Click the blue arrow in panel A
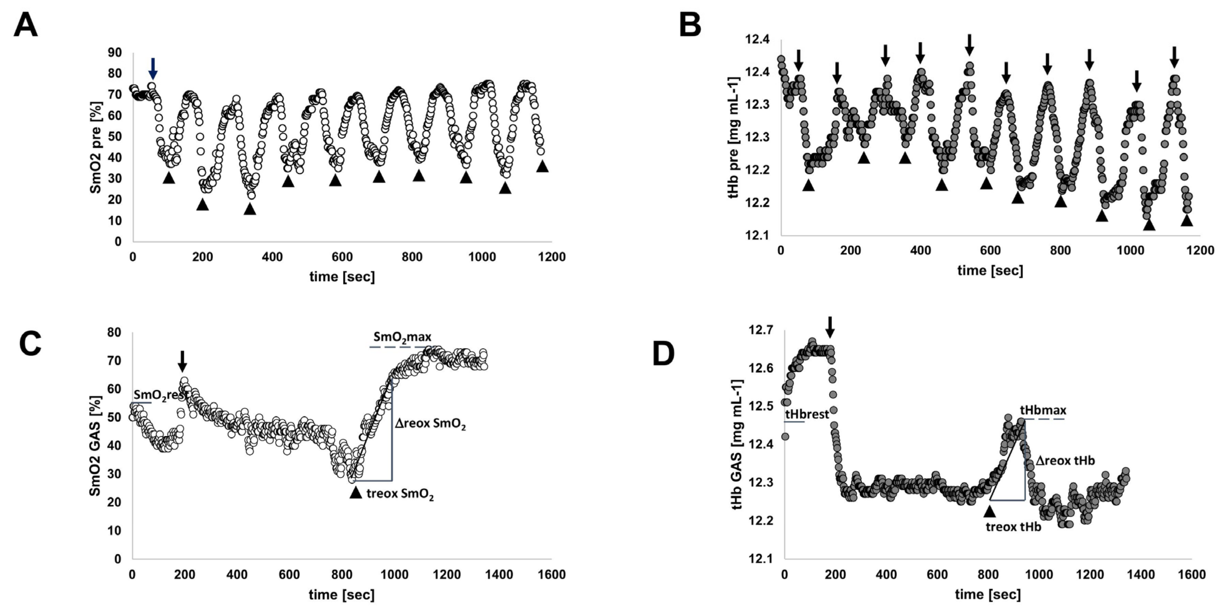152,68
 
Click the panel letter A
25,25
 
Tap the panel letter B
690,25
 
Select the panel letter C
29,344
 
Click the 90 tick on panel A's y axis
115,52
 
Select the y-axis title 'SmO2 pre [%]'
96,147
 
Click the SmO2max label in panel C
402,337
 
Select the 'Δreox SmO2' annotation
430,424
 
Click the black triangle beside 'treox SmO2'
356,493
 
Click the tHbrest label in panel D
807,414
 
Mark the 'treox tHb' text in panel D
1013,527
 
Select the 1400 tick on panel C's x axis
499,575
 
